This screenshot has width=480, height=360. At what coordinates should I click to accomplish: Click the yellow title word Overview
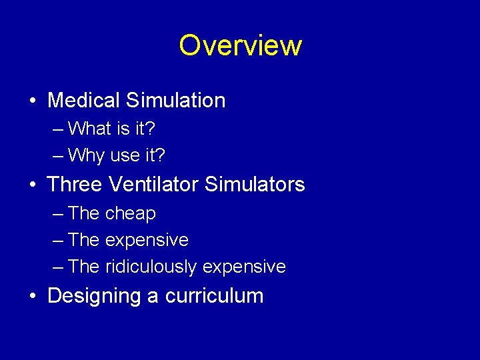pos(240,45)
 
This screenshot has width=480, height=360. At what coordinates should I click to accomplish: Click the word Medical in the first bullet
pos(83,101)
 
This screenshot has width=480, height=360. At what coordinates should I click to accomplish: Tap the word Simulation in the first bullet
pos(175,101)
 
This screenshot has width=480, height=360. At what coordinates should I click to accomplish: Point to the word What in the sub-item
pos(90,127)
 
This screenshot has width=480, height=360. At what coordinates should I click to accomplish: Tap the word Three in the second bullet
pos(73,184)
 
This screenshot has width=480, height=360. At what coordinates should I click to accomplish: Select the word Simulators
pos(255,184)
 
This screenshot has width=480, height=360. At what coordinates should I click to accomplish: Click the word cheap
pos(131,213)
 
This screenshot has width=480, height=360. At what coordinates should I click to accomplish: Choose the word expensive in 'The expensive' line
pos(147,240)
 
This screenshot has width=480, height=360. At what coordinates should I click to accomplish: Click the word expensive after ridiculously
pos(244,267)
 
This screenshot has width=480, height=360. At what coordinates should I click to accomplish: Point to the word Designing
pos(94,296)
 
